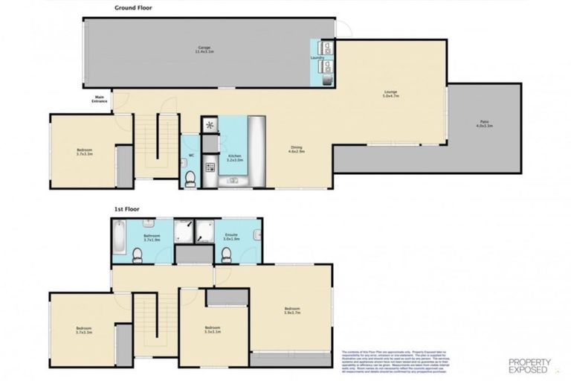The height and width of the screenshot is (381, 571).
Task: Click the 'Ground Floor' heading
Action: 135,9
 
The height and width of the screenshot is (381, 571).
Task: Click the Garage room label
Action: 204,51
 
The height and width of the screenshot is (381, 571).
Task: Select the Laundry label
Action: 318,57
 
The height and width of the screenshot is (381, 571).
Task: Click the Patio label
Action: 484,124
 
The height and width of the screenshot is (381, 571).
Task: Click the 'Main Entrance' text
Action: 100,99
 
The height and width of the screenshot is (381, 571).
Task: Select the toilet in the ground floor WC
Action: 190,177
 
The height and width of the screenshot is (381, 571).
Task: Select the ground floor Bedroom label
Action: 84,152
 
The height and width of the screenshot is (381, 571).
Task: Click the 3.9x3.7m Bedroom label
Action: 291,310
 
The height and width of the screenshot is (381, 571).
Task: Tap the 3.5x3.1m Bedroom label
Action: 213,330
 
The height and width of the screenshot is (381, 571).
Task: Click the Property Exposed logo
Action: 529,364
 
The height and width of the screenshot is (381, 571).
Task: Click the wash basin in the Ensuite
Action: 257,237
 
